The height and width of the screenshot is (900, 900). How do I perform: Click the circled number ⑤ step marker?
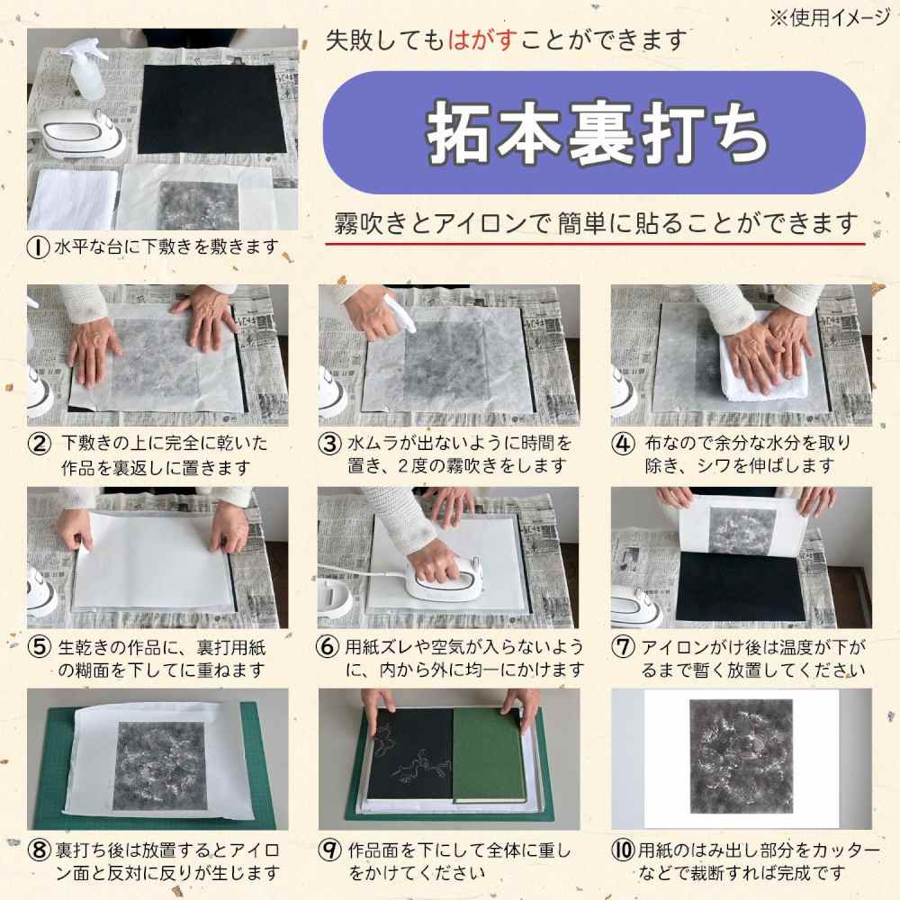coord(39,647)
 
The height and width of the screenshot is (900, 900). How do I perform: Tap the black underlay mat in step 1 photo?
coord(205,109)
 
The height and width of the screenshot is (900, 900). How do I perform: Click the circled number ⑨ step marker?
coord(331,850)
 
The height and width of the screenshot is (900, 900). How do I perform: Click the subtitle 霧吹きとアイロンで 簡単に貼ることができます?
coord(595,221)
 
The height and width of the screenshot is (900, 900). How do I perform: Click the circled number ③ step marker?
coord(331,444)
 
